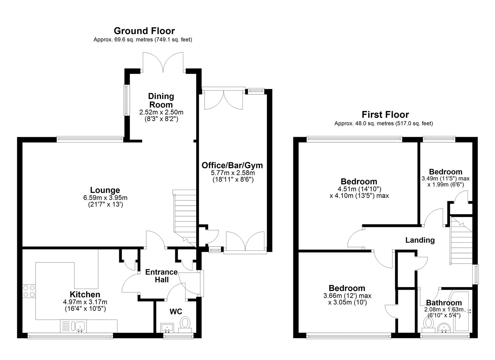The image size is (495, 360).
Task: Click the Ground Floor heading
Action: [x=144, y=31]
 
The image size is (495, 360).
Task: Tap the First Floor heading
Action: [x=385, y=115]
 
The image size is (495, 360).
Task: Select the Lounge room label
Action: [x=105, y=190]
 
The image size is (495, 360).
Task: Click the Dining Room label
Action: [x=161, y=100]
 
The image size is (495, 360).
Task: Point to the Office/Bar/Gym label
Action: [x=232, y=165]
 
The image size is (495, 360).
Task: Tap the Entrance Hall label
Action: [x=162, y=276]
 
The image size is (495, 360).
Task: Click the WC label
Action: [x=176, y=312]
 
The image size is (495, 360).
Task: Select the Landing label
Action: [x=420, y=240]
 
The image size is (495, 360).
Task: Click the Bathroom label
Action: [x=444, y=302]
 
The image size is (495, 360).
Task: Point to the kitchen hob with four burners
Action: [x=29, y=291]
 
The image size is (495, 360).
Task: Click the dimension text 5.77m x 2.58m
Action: [x=233, y=172]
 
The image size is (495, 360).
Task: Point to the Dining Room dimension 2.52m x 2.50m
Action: [x=161, y=112]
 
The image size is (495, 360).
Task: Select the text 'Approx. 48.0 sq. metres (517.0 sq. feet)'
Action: [x=384, y=124]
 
